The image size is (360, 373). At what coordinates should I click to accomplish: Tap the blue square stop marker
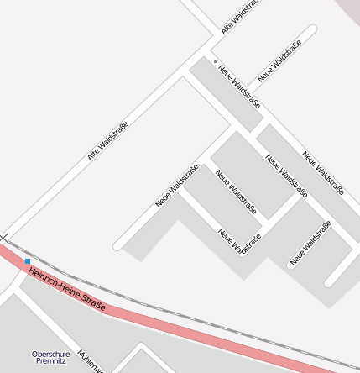(x=28, y=261)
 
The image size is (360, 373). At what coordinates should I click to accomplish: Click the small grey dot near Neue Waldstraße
(x=215, y=61)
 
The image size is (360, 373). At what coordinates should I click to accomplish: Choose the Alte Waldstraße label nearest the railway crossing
(x=107, y=141)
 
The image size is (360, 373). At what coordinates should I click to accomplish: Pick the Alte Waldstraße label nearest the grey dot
(x=237, y=18)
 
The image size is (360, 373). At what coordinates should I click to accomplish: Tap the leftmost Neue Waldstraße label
(x=176, y=186)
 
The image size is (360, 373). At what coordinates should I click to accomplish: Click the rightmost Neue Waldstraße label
(x=323, y=173)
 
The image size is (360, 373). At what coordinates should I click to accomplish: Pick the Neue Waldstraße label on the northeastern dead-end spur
(x=278, y=60)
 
